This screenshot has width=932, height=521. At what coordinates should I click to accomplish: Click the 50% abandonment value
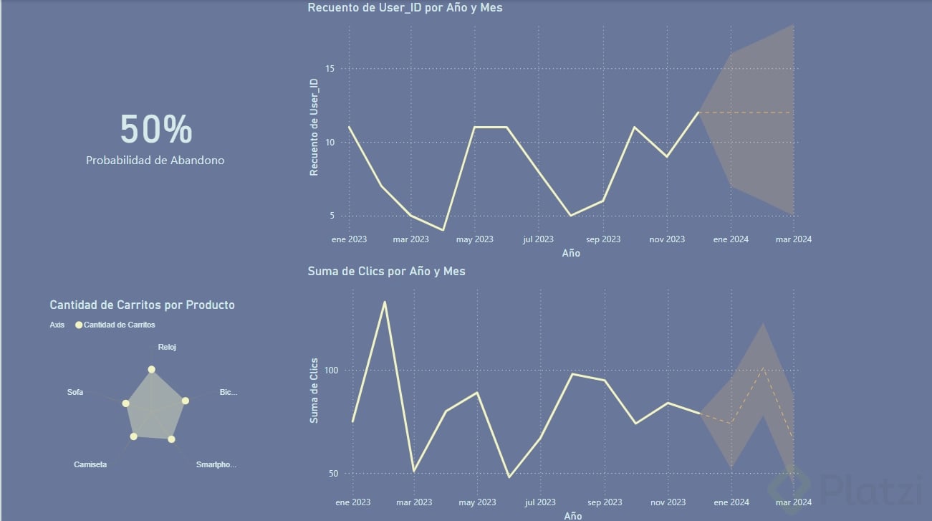(x=155, y=130)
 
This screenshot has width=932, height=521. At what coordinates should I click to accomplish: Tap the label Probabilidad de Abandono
(x=155, y=161)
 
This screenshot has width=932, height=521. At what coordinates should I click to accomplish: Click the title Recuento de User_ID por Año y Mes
(x=405, y=8)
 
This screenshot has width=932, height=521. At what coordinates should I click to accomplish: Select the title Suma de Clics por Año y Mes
(x=386, y=272)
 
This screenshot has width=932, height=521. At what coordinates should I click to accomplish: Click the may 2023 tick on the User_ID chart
(x=474, y=239)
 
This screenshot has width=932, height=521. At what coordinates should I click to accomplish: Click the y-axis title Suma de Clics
(x=314, y=390)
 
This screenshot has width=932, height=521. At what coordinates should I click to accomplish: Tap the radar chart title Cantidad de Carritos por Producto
(x=142, y=305)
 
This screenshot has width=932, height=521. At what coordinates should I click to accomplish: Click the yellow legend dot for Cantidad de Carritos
(x=79, y=325)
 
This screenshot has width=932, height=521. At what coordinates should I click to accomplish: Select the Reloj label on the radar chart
(x=167, y=347)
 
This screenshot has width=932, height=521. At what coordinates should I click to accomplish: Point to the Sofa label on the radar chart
(x=75, y=392)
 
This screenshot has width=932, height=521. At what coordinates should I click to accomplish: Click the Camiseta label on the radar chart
(x=90, y=464)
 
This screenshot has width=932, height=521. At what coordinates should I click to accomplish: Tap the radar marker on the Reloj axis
(x=151, y=370)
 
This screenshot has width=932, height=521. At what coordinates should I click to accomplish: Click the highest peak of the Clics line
(x=385, y=302)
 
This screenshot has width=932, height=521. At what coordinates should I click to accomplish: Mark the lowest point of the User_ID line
(x=443, y=230)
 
